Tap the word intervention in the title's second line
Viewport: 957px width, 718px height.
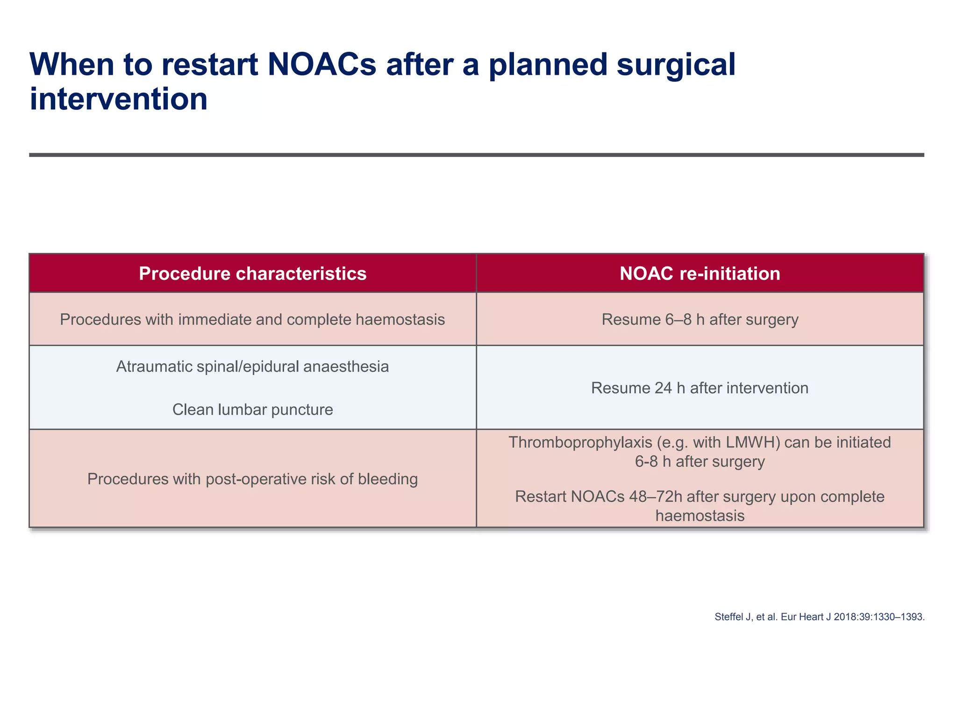pyautogui.click(x=118, y=99)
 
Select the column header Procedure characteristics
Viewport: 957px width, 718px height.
pyautogui.click(x=252, y=273)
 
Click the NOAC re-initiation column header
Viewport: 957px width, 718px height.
pyautogui.click(x=700, y=273)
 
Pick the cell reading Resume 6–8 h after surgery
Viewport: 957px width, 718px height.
pyautogui.click(x=700, y=319)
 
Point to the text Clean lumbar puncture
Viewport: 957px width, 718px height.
pyautogui.click(x=252, y=409)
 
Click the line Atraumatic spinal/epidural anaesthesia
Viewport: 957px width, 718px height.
pyautogui.click(x=252, y=366)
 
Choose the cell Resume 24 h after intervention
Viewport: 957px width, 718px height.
pyautogui.click(x=700, y=388)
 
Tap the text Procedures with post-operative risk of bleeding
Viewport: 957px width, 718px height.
pyautogui.click(x=252, y=479)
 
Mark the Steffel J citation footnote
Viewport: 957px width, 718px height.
pyautogui.click(x=819, y=617)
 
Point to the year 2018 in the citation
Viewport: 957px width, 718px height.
pyautogui.click(x=844, y=617)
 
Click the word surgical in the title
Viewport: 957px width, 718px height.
pyautogui.click(x=676, y=65)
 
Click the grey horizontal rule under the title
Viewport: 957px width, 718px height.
pyautogui.click(x=477, y=155)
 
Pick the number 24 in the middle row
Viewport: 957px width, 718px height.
pyautogui.click(x=663, y=388)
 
